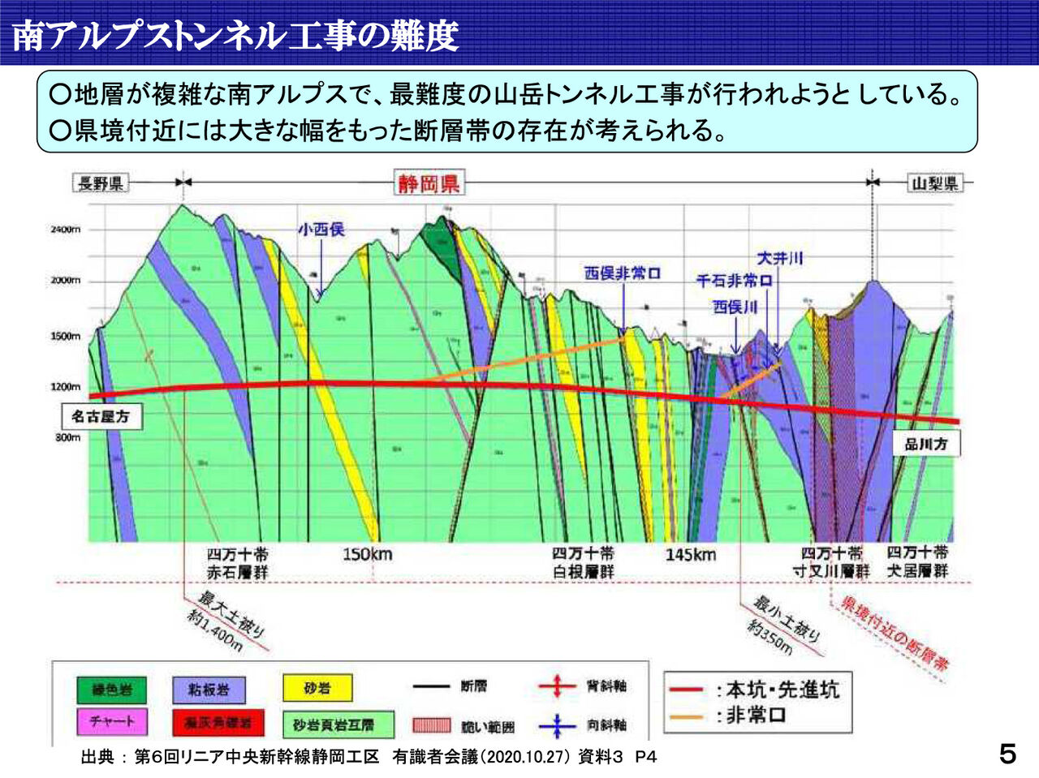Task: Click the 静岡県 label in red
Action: click(x=428, y=183)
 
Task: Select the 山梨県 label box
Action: click(x=933, y=183)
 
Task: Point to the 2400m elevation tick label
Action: click(x=65, y=230)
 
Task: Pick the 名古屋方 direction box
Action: click(x=100, y=417)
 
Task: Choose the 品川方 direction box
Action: click(x=925, y=445)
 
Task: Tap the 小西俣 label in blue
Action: click(x=321, y=230)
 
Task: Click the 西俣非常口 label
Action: click(x=623, y=273)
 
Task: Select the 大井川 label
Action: click(x=779, y=258)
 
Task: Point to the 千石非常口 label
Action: click(x=734, y=281)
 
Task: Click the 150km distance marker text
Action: click(x=367, y=555)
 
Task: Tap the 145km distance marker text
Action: click(x=691, y=555)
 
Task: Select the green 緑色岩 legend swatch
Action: click(x=112, y=690)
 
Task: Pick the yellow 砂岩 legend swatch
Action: click(x=317, y=689)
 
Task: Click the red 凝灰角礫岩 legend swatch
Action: click(x=217, y=723)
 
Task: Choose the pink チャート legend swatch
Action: click(x=112, y=721)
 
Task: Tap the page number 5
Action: click(x=1007, y=754)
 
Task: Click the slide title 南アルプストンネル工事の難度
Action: click(x=235, y=35)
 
